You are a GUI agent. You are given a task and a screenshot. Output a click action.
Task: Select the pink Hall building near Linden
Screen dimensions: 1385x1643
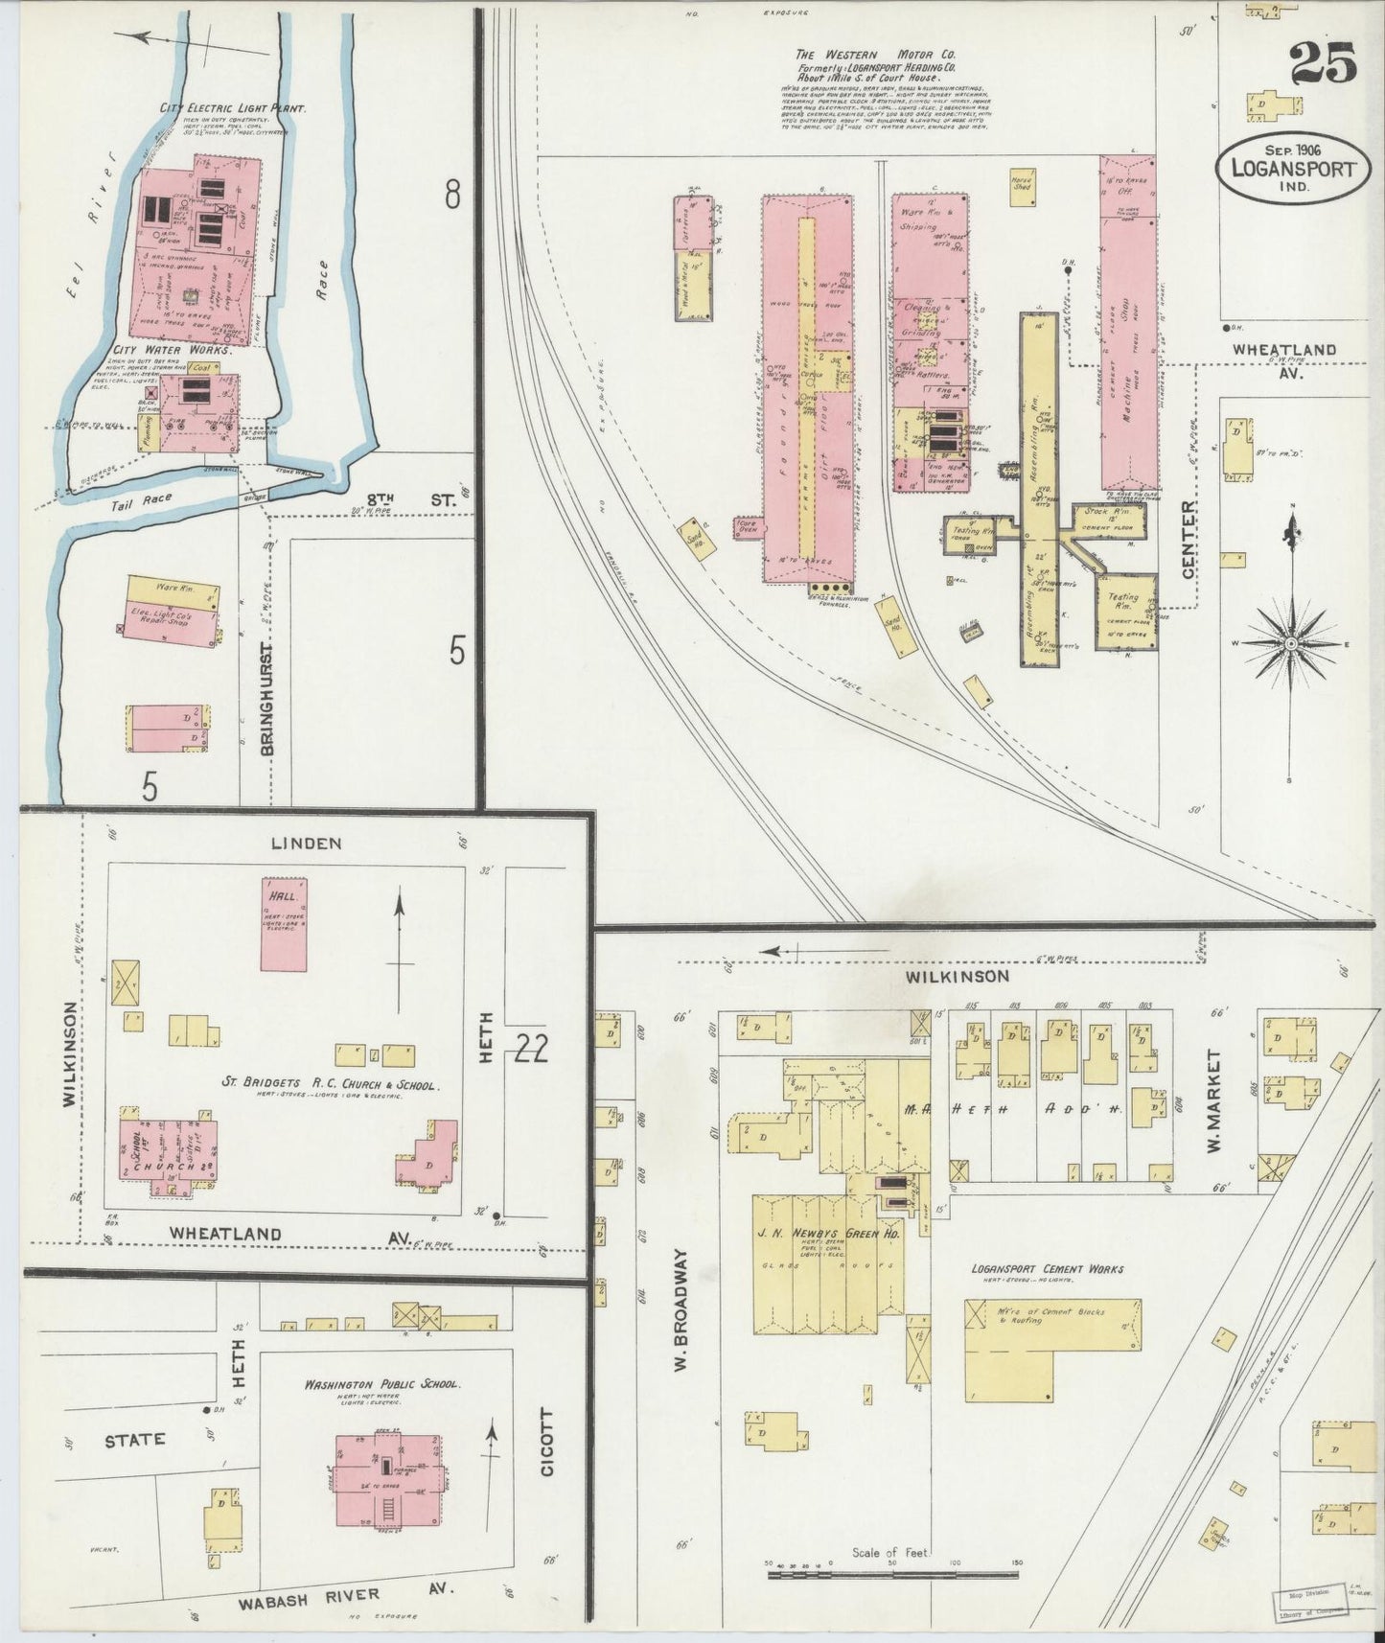pos(285,924)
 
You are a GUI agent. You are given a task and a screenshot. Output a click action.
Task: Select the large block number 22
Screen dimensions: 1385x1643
pos(530,1051)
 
